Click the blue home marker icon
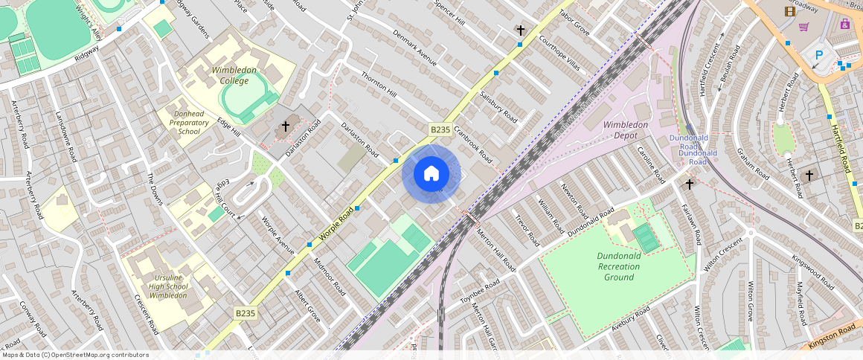pos(431,174)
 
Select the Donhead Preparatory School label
pos(184,122)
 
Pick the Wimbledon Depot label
pos(626,130)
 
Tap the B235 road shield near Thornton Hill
pos(440,129)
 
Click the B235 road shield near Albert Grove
pos(245,314)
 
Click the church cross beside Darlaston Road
pos(285,127)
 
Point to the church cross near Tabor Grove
pos(521,30)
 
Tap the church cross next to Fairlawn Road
pos(689,184)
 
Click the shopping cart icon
pos(803,28)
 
